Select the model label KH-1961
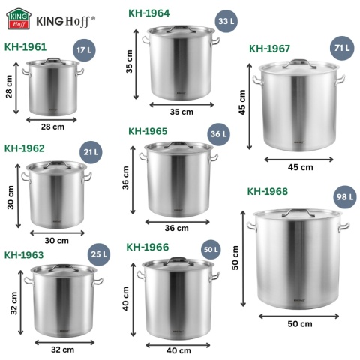click(x=25, y=46)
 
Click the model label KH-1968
click(x=268, y=191)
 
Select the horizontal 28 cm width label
click(x=53, y=127)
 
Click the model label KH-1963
click(x=24, y=254)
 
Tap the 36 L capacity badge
click(x=218, y=135)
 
